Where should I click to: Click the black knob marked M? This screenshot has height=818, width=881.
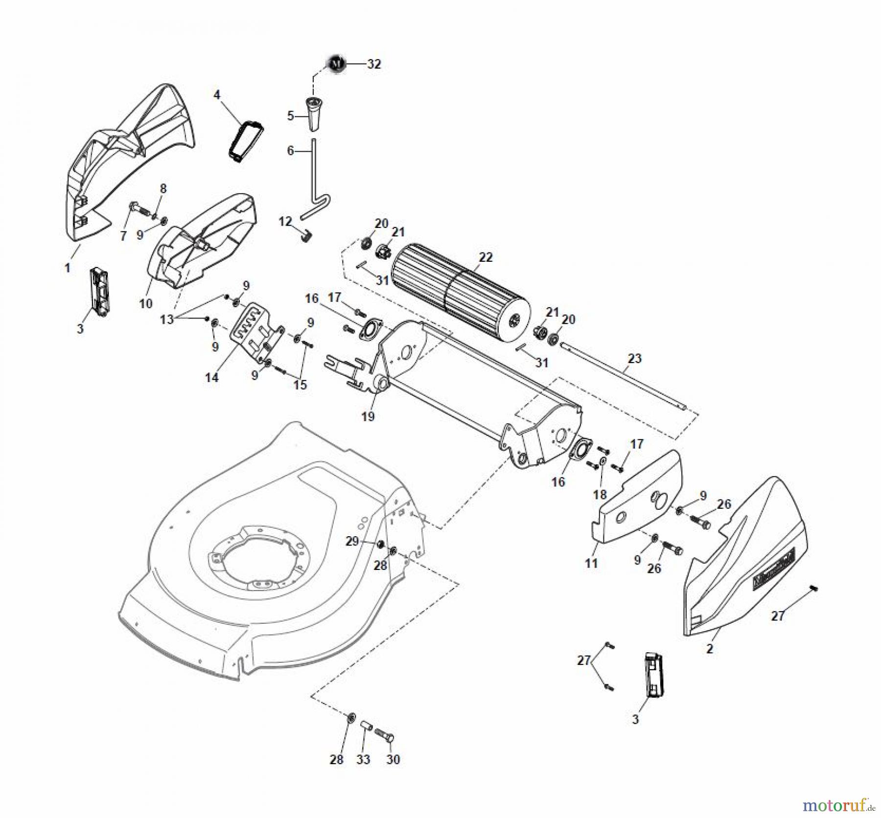click(x=335, y=64)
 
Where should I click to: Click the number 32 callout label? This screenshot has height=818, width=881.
click(x=374, y=64)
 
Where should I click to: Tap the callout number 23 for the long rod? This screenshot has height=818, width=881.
click(x=634, y=358)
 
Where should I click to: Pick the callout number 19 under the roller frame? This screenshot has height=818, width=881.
click(x=368, y=416)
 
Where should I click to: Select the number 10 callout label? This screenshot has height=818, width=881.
click(x=146, y=303)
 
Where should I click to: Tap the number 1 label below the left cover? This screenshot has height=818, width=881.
click(x=68, y=268)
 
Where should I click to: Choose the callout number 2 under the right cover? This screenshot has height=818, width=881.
click(x=710, y=649)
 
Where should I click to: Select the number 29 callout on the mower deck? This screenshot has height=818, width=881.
click(x=352, y=541)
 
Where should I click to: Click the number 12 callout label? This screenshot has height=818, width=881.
click(x=285, y=221)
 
